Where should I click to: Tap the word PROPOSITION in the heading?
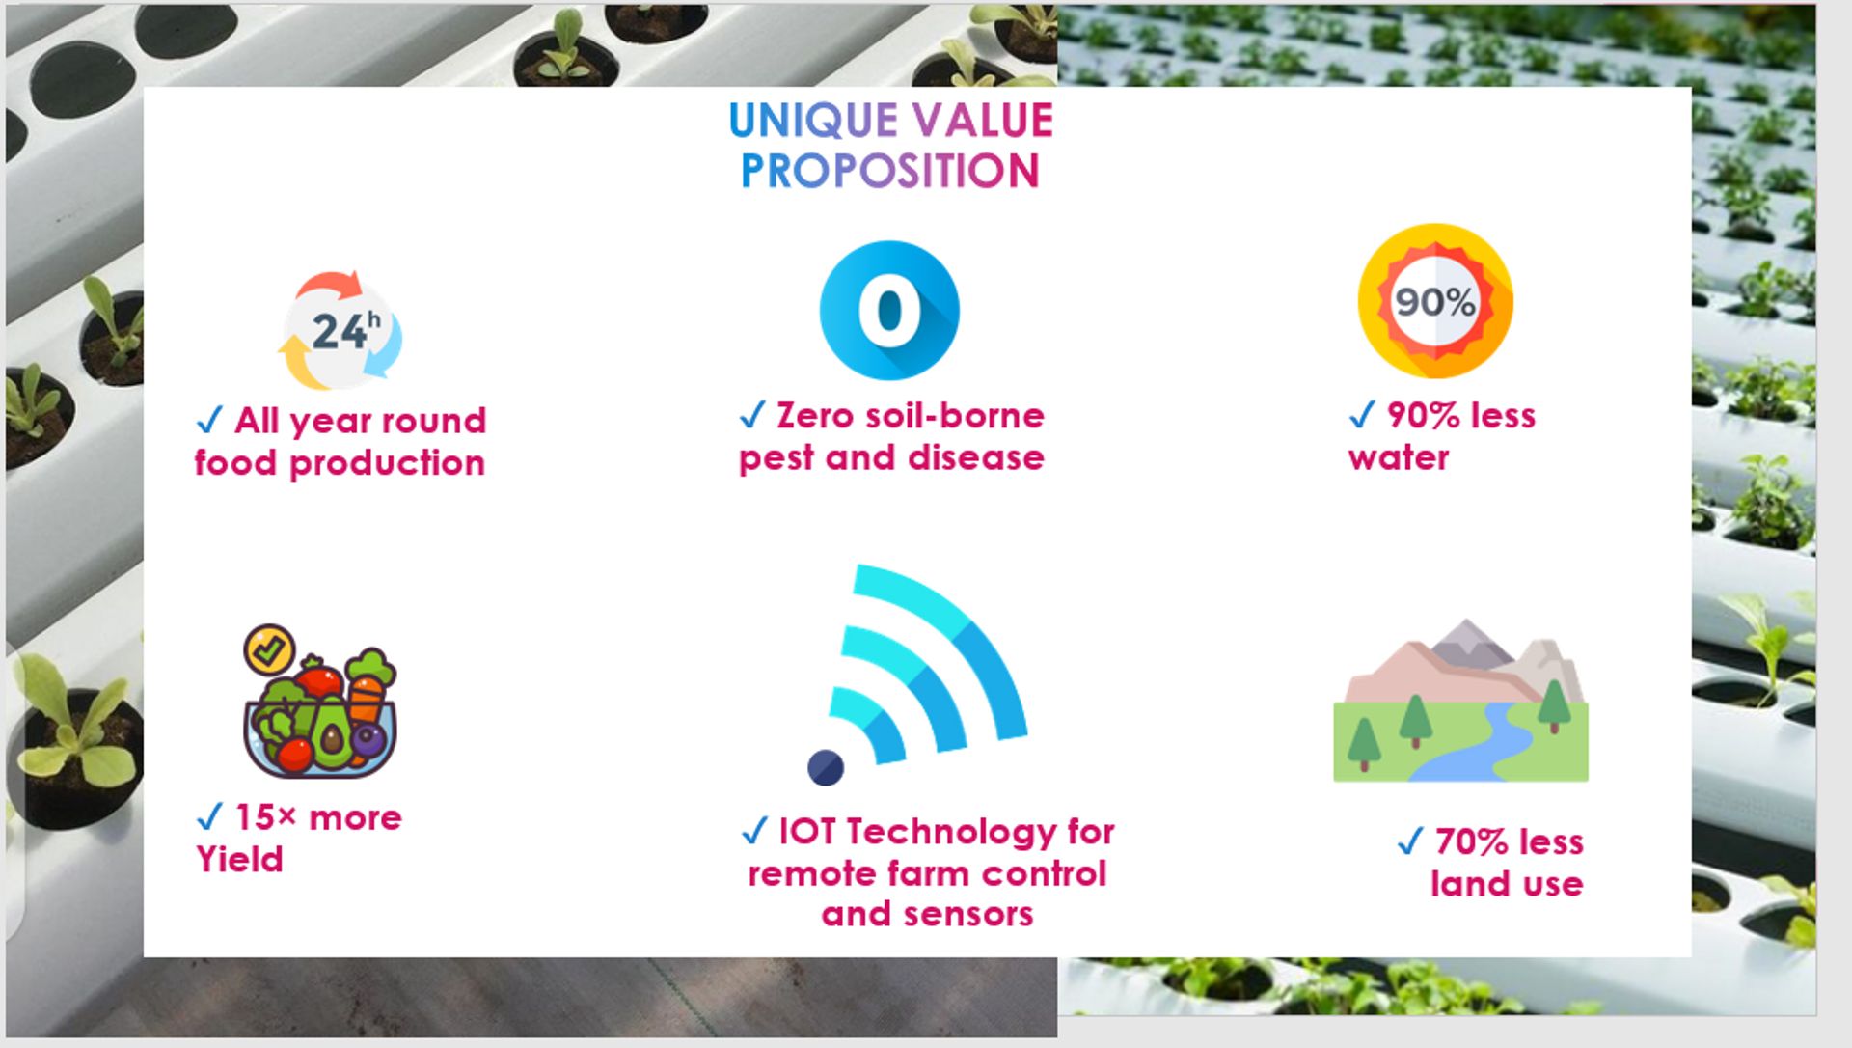[x=889, y=171]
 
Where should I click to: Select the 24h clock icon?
[x=340, y=330]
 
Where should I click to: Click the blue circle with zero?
[x=889, y=310]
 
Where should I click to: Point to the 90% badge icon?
[x=1435, y=301]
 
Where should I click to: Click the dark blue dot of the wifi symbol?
[x=826, y=768]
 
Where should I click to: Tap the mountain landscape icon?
[x=1460, y=701]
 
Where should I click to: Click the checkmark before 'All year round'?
[x=209, y=421]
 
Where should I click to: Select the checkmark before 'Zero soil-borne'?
[x=752, y=415]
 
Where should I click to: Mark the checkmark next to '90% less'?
[x=1362, y=415]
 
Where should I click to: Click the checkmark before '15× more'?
[x=209, y=817]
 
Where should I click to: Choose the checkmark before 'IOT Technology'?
[x=754, y=831]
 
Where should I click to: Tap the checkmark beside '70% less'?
[x=1410, y=841]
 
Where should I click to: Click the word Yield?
[x=239, y=859]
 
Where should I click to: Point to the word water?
[x=1399, y=457]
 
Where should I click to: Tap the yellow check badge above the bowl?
[x=269, y=648]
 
